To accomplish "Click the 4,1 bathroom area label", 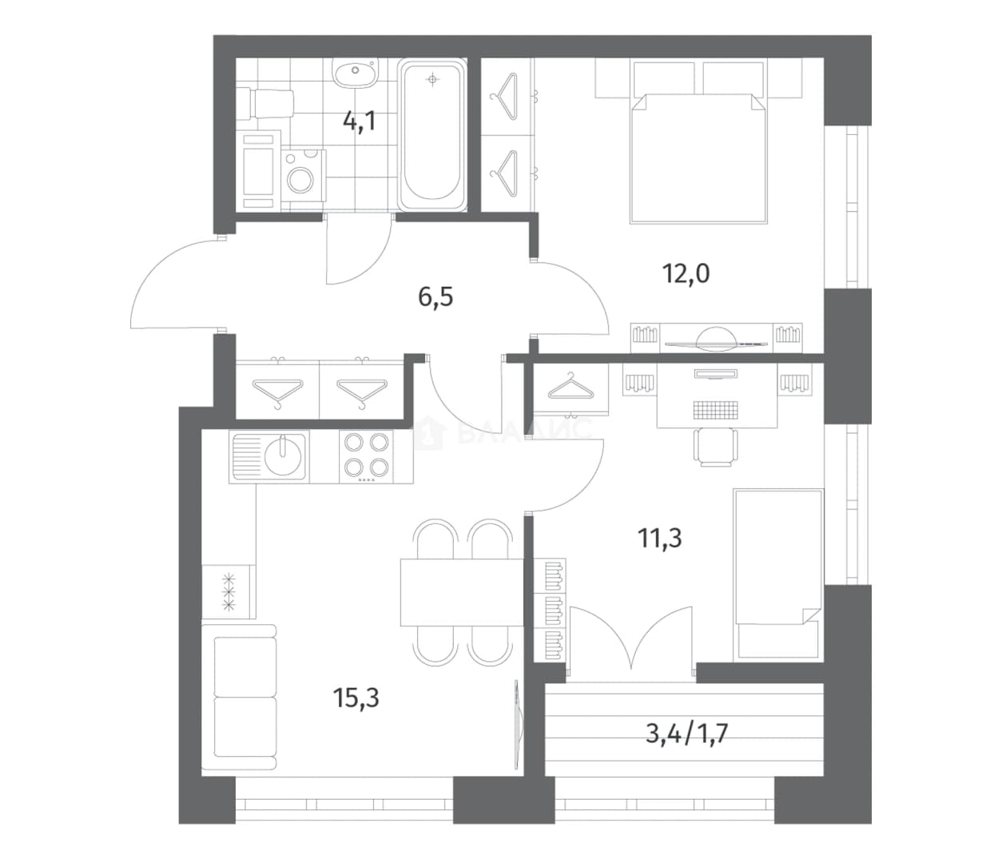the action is coord(360,121).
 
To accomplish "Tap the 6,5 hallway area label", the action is coord(435,297).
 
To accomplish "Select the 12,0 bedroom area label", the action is coord(686,274).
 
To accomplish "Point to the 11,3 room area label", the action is coord(660,538).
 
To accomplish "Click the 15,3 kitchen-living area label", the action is coord(356,698).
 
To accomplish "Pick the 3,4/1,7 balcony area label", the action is coord(687,734).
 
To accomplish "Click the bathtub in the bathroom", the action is coord(432,135).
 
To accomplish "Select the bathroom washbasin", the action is coord(354,73).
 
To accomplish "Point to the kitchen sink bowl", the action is coord(282,456).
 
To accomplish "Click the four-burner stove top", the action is coord(367,456).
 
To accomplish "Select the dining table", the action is coord(462,592).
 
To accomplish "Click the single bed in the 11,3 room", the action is coord(778,574).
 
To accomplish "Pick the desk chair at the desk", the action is coord(717,447).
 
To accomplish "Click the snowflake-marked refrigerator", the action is coord(229,591).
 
